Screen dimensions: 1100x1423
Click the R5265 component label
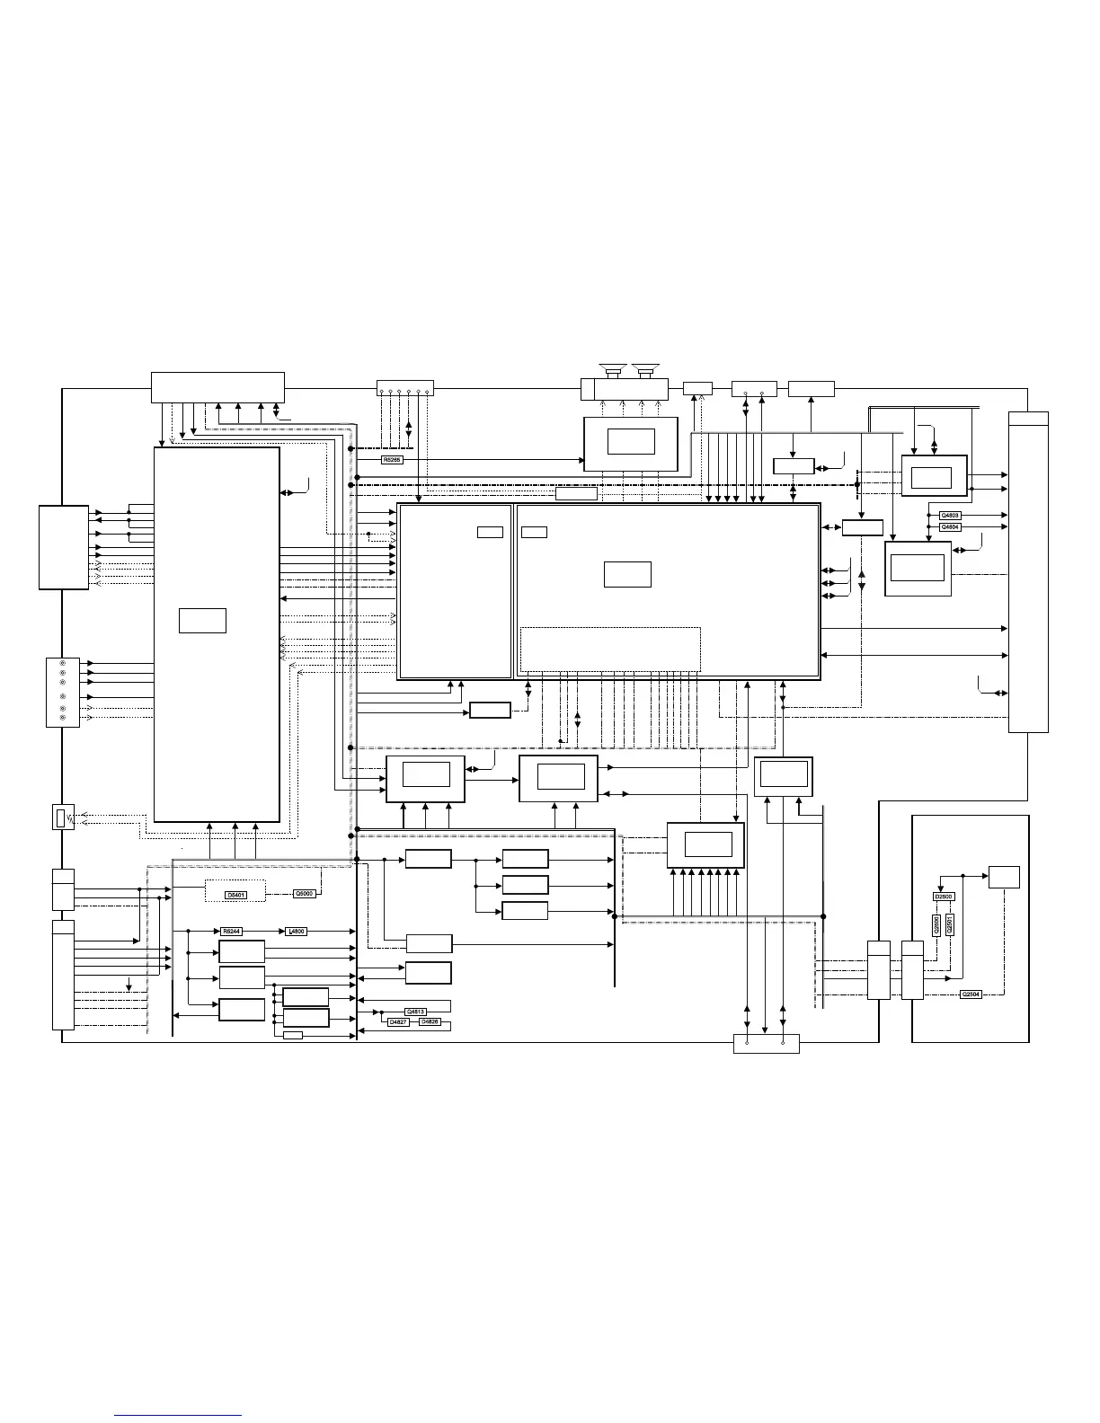393,460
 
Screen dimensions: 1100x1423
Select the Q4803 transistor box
950,515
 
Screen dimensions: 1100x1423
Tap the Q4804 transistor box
950,527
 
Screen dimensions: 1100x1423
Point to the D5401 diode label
235,895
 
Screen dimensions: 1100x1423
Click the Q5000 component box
304,893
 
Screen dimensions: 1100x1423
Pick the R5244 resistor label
231,932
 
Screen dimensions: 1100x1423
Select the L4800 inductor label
297,932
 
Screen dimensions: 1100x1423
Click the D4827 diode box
398,1022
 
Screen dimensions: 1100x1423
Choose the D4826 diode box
430,1022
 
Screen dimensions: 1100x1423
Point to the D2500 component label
944,897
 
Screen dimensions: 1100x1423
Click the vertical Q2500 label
937,925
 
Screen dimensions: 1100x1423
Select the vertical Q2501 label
950,925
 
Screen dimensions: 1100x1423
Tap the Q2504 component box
971,994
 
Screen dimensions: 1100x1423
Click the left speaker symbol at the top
615,369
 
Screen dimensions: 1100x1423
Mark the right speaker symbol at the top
646,369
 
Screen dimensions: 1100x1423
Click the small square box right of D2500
1004,877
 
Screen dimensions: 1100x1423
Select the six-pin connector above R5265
404,388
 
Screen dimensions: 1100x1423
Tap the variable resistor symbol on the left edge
63,818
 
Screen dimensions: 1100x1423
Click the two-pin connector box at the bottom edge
767,1044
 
